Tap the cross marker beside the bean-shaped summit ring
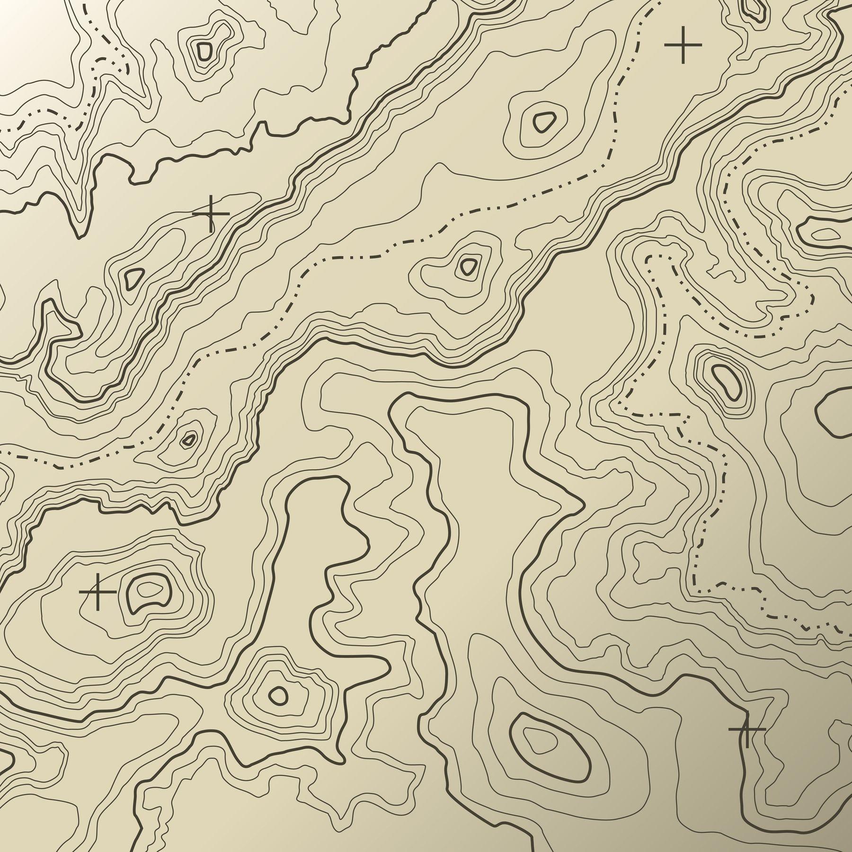98,592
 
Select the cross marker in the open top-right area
683,44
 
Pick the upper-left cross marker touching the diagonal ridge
211,213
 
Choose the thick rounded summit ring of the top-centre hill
544,122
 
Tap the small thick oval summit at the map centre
469,267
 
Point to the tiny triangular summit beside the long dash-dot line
189,439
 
